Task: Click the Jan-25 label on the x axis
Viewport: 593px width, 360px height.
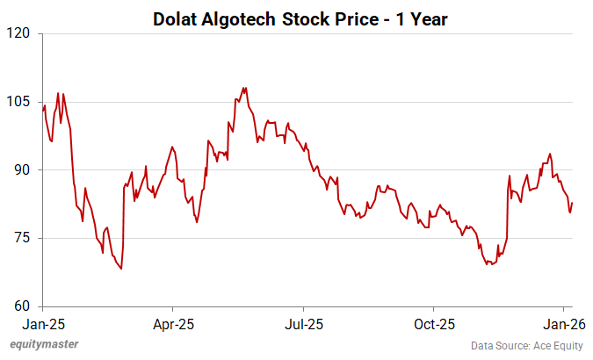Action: pos(42,324)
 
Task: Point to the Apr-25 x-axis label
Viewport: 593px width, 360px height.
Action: pos(172,324)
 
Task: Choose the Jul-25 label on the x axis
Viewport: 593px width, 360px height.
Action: pos(303,324)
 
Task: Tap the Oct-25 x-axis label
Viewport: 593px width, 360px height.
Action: pos(434,324)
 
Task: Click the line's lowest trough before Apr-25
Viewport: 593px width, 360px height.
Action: pos(121,269)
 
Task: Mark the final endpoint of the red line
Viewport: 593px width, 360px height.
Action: pos(573,204)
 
